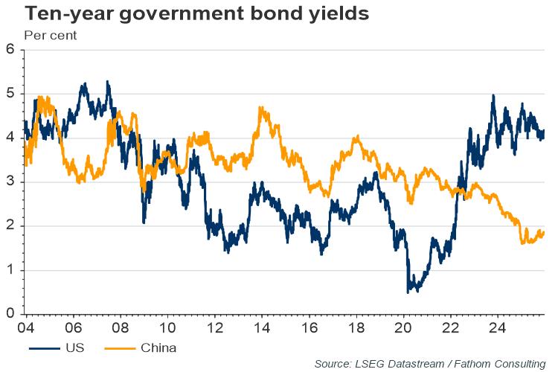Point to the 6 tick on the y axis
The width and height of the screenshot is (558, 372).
[10, 50]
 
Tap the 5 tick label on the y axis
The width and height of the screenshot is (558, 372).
[10, 94]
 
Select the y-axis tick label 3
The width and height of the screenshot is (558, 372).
[10, 182]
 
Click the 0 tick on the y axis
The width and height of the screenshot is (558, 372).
[10, 314]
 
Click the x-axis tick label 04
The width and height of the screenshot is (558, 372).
[25, 327]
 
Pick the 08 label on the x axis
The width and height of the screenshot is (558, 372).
[120, 327]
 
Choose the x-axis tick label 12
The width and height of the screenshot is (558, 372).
[214, 327]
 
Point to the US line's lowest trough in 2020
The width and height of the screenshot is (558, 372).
[408, 291]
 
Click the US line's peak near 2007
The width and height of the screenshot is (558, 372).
[108, 82]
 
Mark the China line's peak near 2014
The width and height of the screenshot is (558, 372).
[261, 108]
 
